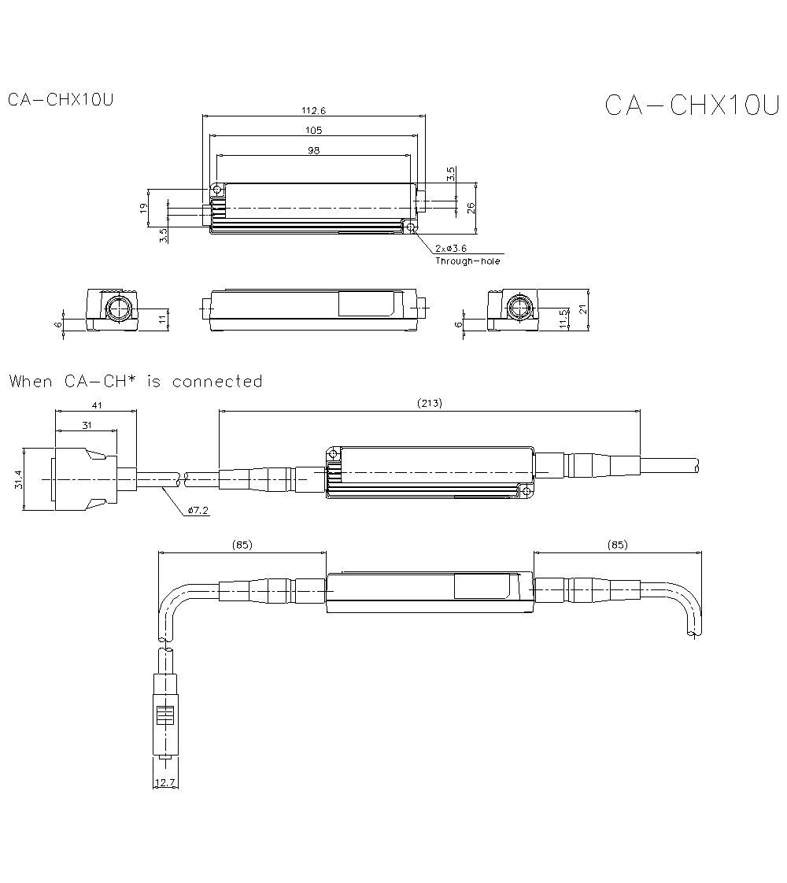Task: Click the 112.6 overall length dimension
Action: pos(313,111)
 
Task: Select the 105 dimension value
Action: pos(313,130)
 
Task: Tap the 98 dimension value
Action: pos(313,150)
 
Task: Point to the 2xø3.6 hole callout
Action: pos(450,248)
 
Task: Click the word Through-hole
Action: pos(467,261)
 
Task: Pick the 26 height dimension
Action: pos(471,208)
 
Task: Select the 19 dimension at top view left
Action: pos(143,208)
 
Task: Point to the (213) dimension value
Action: pos(430,404)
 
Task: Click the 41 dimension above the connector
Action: pos(96,405)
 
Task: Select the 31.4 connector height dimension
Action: pos(17,479)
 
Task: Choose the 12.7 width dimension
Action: pos(163,783)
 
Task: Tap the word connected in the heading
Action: pos(217,382)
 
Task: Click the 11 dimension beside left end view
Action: pos(163,318)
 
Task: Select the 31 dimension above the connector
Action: pos(86,425)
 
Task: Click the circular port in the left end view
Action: pos(117,308)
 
